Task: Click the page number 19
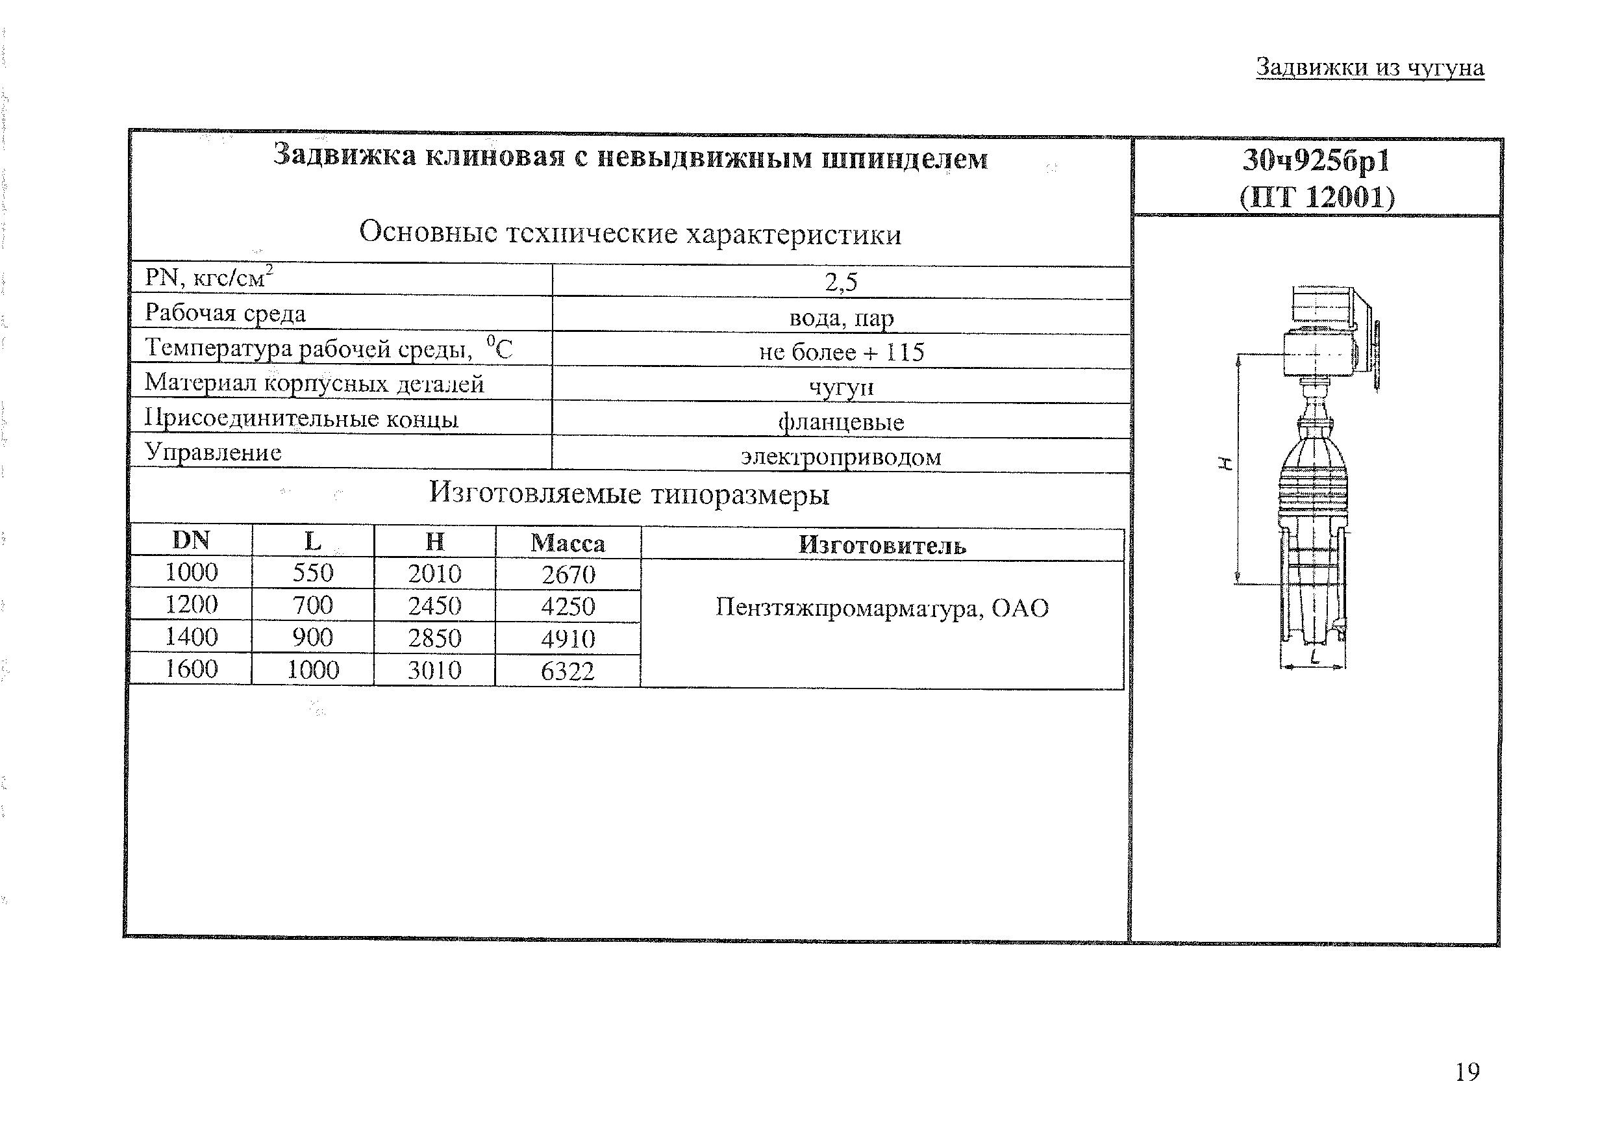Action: click(x=1466, y=1072)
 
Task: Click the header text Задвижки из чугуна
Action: click(x=1369, y=68)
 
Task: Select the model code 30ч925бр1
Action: click(x=1316, y=161)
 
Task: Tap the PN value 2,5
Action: click(x=841, y=282)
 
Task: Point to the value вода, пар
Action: click(x=842, y=318)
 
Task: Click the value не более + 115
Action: click(x=842, y=351)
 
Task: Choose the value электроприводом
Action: click(x=841, y=457)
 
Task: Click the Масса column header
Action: click(x=568, y=542)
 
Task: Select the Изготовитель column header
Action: click(x=882, y=545)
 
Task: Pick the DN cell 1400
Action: click(x=191, y=637)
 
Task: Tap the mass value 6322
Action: click(x=568, y=671)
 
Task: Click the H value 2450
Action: click(x=434, y=605)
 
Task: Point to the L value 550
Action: click(x=313, y=573)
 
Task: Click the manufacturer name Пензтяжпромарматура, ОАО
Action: click(x=882, y=608)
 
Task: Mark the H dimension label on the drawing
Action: click(x=1225, y=462)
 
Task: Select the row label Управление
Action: click(x=213, y=453)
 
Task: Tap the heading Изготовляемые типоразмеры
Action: click(x=629, y=494)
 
